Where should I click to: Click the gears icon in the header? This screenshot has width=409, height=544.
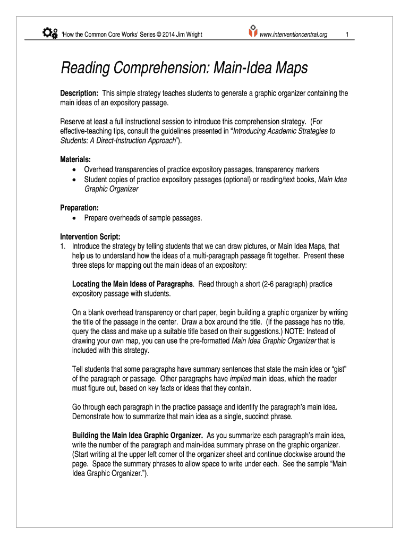49,33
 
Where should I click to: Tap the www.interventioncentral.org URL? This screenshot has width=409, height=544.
293,35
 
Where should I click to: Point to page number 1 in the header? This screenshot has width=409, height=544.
346,35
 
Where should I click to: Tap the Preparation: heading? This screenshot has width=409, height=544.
79,208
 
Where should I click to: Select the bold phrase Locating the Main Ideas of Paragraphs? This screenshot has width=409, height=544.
133,284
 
